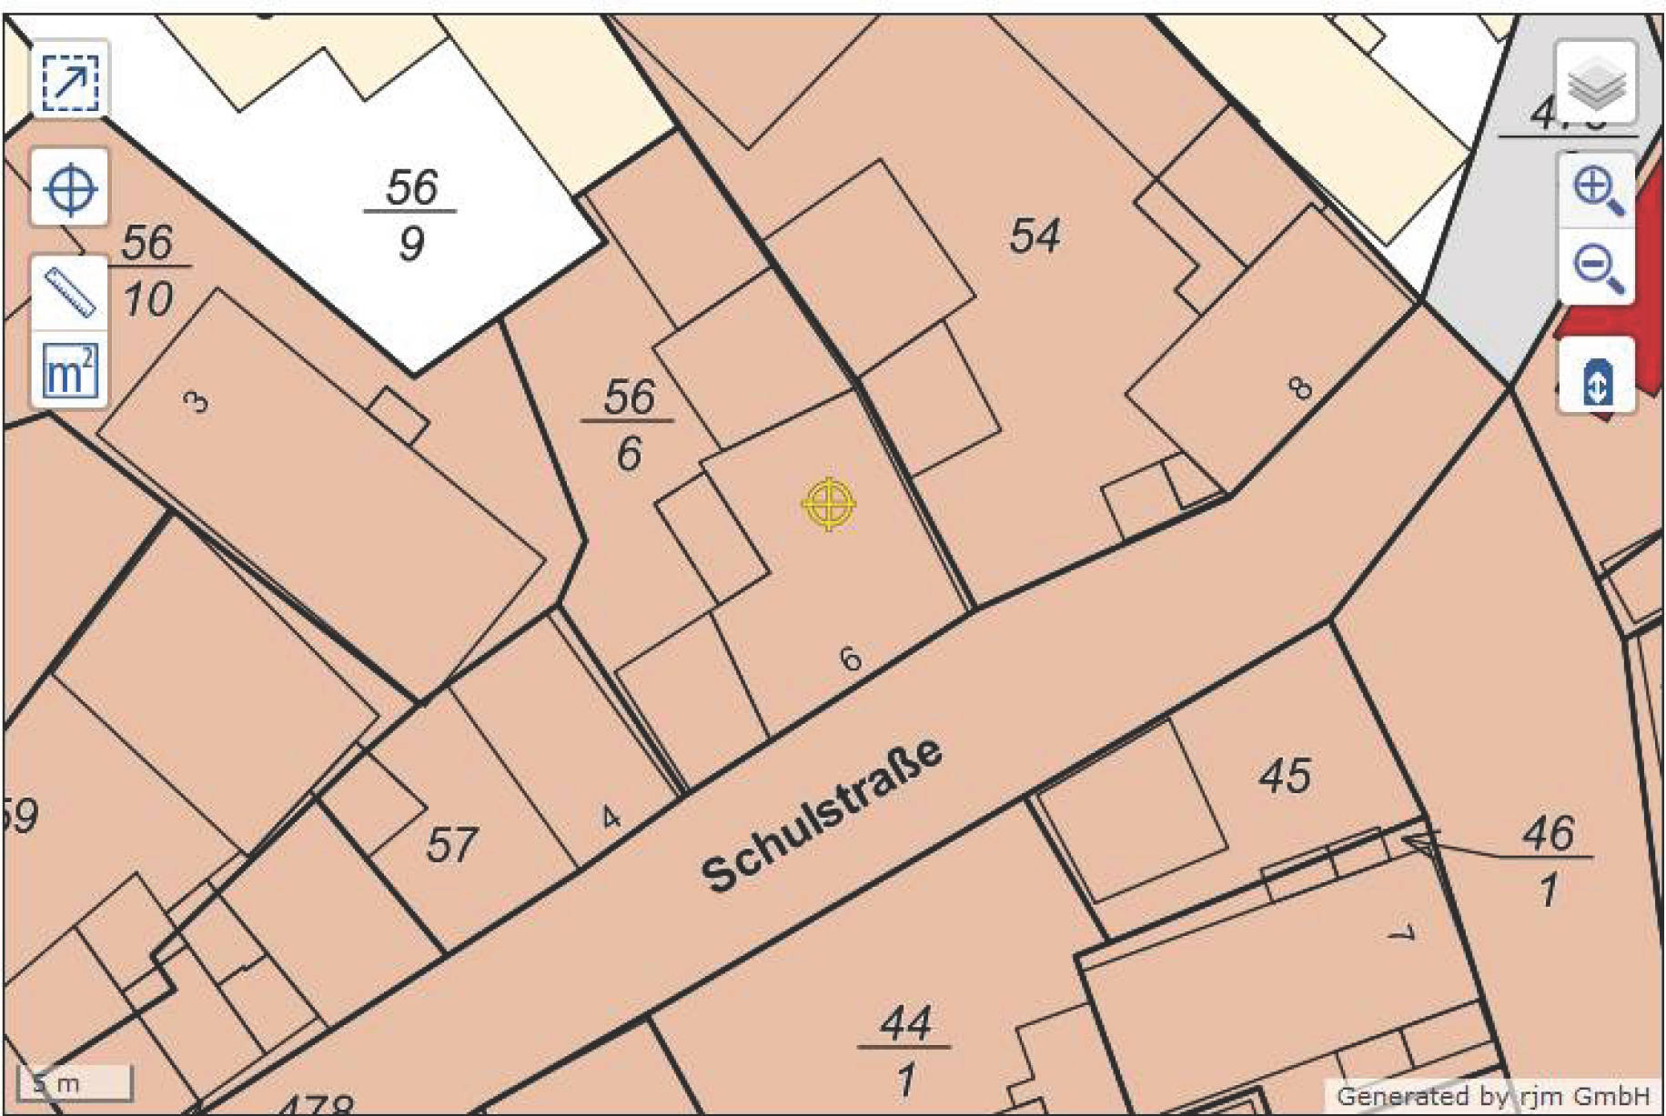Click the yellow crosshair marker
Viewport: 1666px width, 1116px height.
click(829, 503)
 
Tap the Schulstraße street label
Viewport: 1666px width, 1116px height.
click(822, 814)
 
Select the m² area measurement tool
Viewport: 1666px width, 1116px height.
click(70, 370)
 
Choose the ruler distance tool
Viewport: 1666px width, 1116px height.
click(70, 292)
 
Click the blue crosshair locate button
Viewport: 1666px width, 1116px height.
click(70, 188)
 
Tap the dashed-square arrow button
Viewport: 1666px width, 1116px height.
click(70, 81)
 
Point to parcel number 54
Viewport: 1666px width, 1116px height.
click(1035, 236)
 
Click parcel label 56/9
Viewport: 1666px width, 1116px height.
click(410, 215)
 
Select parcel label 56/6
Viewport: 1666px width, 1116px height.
click(629, 425)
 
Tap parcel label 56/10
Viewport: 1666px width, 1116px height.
click(147, 270)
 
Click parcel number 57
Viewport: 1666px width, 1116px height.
click(450, 844)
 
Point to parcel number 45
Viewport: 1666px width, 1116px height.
click(1285, 776)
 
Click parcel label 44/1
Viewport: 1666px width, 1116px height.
click(905, 1050)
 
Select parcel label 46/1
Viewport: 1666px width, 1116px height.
click(1549, 860)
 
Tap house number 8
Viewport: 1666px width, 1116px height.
click(1301, 388)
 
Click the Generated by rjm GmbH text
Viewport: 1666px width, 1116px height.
click(1492, 1095)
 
